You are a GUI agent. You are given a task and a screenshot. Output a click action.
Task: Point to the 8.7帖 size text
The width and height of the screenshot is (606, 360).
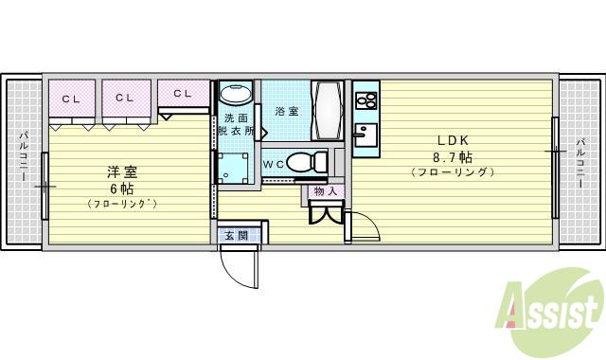(453, 156)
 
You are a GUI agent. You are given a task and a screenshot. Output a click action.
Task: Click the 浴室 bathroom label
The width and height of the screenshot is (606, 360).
(287, 111)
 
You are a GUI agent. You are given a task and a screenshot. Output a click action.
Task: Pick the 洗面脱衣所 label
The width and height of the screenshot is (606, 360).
(237, 126)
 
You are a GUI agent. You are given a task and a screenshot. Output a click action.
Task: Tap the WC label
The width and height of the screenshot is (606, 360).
(273, 164)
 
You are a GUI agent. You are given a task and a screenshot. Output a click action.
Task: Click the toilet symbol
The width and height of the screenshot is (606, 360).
(302, 163)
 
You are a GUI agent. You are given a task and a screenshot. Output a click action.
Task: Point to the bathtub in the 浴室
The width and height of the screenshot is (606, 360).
(328, 112)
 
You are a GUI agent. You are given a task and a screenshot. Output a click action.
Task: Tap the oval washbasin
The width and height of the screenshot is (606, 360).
(236, 95)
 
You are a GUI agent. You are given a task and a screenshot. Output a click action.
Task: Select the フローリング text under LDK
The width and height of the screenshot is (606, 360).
(453, 172)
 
